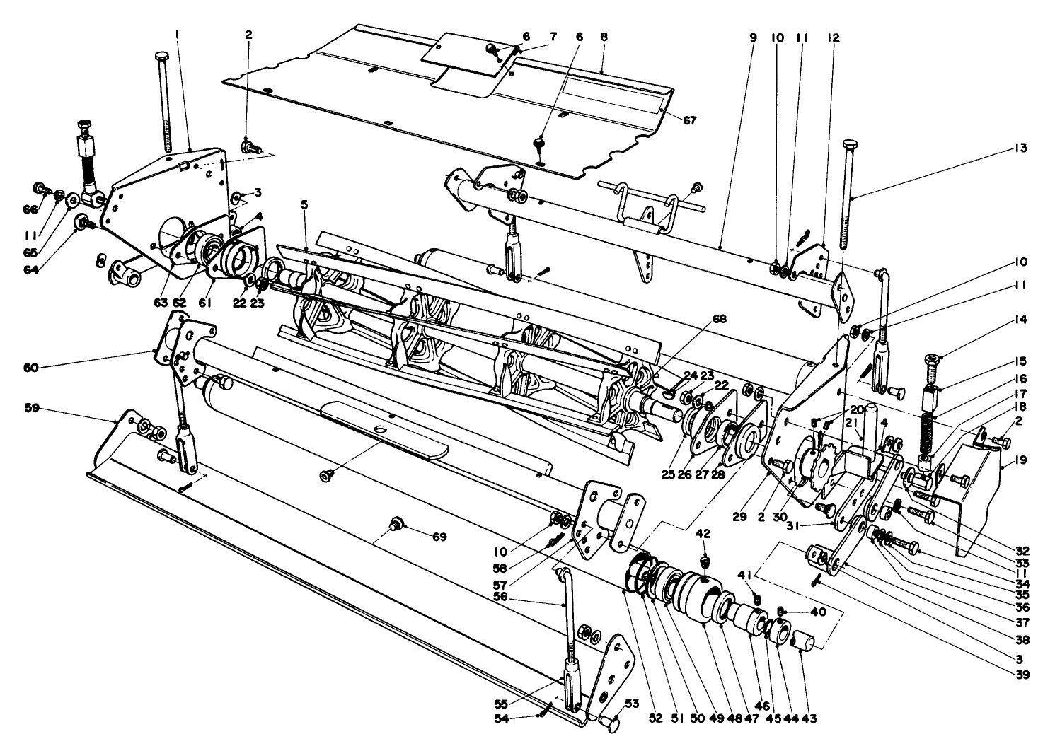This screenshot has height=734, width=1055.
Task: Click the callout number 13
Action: click(1020, 148)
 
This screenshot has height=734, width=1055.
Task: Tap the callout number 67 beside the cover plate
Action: click(689, 121)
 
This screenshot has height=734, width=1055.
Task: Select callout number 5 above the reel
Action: click(304, 205)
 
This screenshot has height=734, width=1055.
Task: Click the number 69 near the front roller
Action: click(440, 537)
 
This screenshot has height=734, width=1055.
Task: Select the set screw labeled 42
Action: click(703, 561)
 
